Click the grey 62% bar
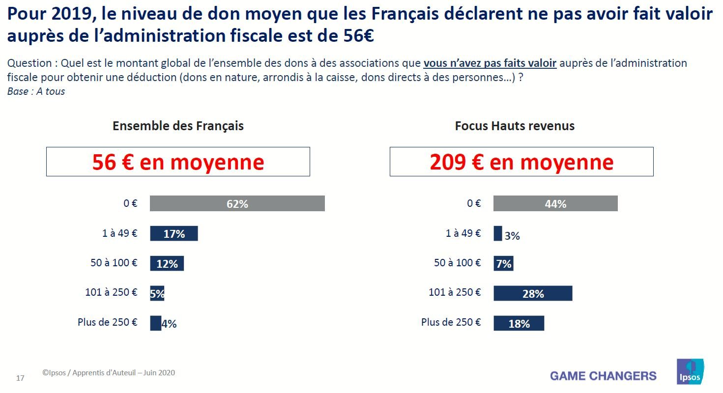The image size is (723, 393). (237, 203)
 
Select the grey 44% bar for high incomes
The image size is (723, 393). (555, 203)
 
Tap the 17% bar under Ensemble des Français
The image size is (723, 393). (174, 233)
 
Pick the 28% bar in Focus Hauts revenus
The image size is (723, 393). (533, 293)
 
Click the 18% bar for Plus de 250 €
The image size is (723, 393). (519, 323)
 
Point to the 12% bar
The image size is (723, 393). (167, 263)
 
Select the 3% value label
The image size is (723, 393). (512, 236)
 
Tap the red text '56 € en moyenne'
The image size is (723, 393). (178, 162)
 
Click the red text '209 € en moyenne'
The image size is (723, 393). (521, 162)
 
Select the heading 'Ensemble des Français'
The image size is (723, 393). (178, 126)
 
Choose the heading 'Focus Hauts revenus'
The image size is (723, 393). (515, 126)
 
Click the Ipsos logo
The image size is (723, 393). (690, 372)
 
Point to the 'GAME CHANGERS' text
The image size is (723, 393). (603, 376)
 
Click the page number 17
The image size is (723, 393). (20, 378)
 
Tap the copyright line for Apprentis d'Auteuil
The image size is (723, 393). (108, 373)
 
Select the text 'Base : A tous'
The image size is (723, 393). (36, 91)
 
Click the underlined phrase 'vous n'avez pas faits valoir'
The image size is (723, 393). (490, 63)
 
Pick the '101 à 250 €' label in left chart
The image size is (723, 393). (111, 292)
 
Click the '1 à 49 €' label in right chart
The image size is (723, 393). (463, 233)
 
